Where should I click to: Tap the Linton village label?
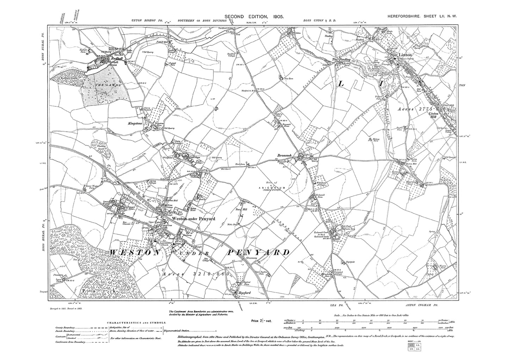coord(405,55)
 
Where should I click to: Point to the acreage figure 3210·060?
coord(203,273)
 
